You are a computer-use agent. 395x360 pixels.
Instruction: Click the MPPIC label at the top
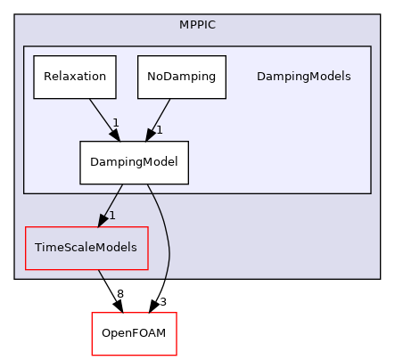[196, 23]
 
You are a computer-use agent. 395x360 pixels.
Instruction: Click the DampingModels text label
[303, 77]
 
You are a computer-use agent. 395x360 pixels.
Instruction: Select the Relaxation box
[76, 77]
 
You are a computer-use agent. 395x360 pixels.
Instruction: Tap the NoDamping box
[182, 77]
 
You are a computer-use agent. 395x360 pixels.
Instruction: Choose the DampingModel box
[134, 162]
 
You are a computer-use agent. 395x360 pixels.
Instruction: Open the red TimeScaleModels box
[86, 248]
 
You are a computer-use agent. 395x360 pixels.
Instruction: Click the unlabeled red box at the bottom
[134, 333]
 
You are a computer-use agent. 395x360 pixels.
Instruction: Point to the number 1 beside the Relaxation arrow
[115, 121]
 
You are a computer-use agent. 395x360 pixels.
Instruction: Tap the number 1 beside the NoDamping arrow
[159, 129]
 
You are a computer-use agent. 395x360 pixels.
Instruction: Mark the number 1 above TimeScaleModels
[111, 215]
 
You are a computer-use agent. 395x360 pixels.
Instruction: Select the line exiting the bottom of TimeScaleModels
[101, 274]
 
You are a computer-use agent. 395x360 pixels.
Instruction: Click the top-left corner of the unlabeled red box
[92, 313]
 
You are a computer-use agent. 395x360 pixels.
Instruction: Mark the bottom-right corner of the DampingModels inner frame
[370, 192]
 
